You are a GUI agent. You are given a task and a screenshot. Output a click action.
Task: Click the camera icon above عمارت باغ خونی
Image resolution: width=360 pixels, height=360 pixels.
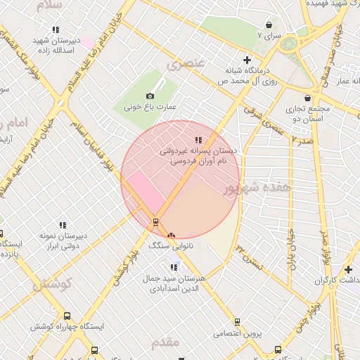point(150,96)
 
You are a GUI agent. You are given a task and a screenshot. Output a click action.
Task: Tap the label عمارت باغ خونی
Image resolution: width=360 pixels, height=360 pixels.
point(150,108)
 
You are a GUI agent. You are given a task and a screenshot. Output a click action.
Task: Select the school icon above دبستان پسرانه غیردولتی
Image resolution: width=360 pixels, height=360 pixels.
point(199,140)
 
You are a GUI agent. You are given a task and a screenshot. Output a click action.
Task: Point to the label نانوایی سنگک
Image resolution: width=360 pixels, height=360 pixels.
point(169,246)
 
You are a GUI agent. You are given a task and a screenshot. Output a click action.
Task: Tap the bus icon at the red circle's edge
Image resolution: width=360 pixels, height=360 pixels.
point(155,222)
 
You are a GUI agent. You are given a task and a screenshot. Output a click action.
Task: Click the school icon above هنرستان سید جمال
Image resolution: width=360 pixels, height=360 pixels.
point(174,266)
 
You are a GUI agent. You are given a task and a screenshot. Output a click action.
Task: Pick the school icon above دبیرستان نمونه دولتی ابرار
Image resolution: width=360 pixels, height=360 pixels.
point(63,226)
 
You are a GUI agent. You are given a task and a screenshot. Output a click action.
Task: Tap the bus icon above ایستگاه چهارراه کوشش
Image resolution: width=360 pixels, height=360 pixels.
point(67,316)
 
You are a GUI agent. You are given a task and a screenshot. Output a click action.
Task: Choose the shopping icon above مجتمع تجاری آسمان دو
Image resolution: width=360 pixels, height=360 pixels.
point(307,98)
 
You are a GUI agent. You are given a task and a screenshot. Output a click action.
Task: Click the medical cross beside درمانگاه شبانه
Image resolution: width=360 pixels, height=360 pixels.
point(246,60)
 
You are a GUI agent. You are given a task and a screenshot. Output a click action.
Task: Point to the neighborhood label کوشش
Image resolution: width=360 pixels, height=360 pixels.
point(53,284)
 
